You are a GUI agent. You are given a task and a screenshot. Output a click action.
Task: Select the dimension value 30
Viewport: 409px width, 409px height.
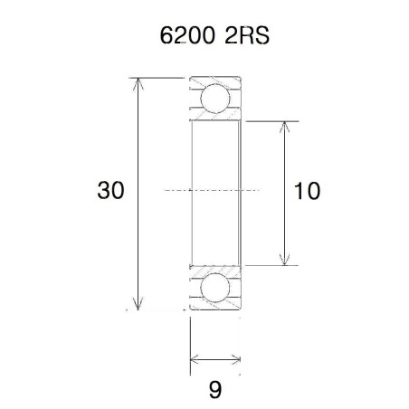(110, 191)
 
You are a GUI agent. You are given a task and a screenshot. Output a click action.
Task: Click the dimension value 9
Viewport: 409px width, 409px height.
(215, 390)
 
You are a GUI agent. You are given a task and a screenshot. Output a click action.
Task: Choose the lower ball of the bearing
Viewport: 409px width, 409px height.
(215, 289)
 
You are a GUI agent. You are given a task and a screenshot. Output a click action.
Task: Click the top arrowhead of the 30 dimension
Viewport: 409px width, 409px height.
(138, 84)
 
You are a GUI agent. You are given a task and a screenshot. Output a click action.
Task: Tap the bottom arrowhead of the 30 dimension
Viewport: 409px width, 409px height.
(138, 304)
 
